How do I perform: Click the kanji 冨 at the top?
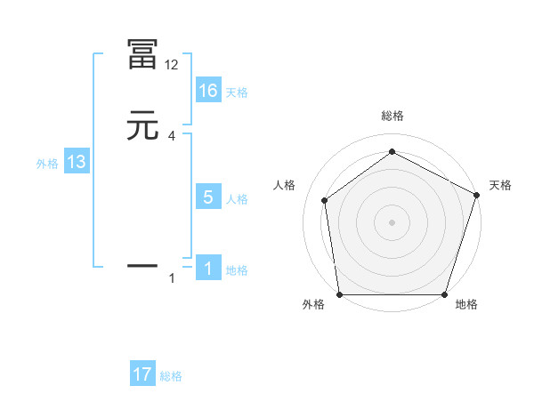(x=143, y=56)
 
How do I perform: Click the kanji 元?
(x=143, y=127)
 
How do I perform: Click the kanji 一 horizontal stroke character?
(x=143, y=265)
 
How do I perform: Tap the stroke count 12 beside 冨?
(x=171, y=65)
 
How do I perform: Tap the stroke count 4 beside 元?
(x=171, y=136)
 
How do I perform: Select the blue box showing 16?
(x=208, y=91)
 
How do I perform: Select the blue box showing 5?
(x=208, y=197)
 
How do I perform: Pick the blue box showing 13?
(x=77, y=163)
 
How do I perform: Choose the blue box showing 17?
(x=142, y=375)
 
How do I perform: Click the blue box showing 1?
(x=208, y=269)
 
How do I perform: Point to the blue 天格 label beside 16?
(x=237, y=92)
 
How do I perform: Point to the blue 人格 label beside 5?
(x=237, y=199)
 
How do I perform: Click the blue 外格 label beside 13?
(x=47, y=164)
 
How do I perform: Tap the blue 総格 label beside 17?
(x=171, y=377)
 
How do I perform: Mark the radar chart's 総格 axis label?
(x=392, y=117)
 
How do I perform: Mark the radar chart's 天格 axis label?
(x=500, y=185)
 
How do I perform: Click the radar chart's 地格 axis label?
(x=466, y=305)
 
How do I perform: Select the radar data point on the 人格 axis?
(x=325, y=200)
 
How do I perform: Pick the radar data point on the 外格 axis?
(x=340, y=294)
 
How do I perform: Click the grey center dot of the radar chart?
(x=392, y=221)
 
